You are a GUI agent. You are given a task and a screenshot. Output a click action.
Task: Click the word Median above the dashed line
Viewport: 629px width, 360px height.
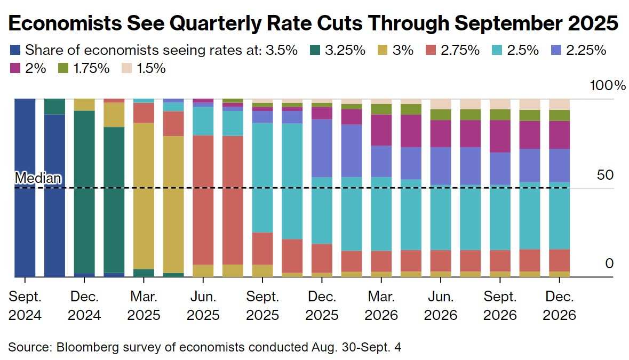tap(38, 178)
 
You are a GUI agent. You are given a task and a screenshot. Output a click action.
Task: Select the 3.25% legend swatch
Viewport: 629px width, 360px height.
tap(315, 50)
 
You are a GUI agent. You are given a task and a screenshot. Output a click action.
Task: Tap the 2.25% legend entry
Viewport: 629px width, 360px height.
tap(578, 50)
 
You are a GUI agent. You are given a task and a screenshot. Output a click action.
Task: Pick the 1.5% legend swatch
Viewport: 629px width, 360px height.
tap(126, 69)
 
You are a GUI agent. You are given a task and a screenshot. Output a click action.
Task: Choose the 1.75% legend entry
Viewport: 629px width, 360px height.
tap(84, 69)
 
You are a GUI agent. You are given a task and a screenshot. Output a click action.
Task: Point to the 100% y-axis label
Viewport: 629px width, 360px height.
tap(607, 85)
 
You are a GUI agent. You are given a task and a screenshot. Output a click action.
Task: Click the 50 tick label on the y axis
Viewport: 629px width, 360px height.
tap(605, 175)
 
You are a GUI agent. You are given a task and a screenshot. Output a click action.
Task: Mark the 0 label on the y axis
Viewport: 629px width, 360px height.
tap(609, 263)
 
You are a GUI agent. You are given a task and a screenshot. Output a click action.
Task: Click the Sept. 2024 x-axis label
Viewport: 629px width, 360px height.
tap(25, 306)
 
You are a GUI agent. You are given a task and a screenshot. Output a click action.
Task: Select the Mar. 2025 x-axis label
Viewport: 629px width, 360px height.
tap(144, 306)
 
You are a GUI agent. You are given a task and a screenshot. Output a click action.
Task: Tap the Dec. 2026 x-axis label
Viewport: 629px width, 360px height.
tap(559, 306)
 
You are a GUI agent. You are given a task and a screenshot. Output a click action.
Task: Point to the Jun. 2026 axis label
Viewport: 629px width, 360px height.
tap(441, 306)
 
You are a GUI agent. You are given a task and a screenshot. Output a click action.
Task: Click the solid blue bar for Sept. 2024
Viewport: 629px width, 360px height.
tap(25, 188)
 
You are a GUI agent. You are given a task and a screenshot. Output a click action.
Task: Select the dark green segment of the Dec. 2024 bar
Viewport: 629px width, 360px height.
tap(84, 192)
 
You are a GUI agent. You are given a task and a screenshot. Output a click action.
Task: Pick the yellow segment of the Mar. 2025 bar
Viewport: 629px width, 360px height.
tap(144, 196)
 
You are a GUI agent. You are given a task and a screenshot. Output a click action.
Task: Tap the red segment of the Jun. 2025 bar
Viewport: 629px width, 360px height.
tap(203, 200)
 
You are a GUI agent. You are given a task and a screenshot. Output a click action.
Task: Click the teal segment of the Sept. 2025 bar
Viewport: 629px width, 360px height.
tap(262, 178)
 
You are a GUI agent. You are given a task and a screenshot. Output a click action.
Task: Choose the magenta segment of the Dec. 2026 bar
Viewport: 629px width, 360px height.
tap(559, 135)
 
